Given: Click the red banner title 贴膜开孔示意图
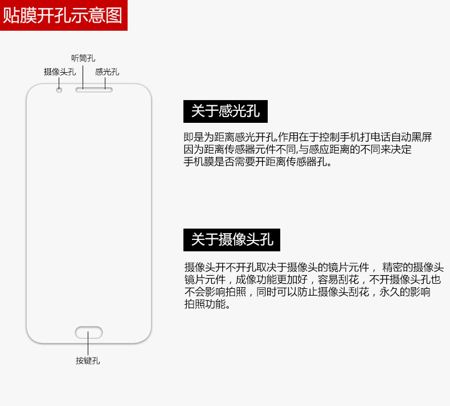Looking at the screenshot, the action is coord(63,15).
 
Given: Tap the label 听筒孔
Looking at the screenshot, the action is coord(83,58).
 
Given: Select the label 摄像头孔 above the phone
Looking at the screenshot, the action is coord(59,72).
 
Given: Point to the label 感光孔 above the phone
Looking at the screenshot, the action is coord(107,72).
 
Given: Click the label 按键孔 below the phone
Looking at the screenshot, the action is coord(88,361).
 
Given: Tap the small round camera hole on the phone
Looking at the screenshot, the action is coord(59,89).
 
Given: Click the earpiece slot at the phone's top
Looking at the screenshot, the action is coord(94,89).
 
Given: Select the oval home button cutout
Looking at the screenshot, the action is coord(88,332).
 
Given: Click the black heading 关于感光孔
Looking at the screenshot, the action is coord(226,111).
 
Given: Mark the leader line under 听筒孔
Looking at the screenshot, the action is coord(83,75).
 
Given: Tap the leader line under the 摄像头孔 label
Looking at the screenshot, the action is coord(59,81).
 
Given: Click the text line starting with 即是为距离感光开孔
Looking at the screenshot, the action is coord(308,138).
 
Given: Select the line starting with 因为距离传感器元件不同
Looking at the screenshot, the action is coord(297,150).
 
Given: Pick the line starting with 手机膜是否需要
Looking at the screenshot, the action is coord(257,162).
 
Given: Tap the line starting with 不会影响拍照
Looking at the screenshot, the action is coord(307,292).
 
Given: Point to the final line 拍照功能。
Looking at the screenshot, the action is coord(207,305).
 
